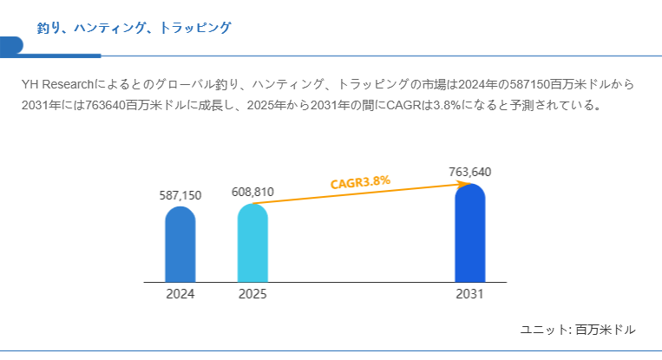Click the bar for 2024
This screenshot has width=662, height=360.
point(180,244)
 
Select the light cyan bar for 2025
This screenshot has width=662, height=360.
point(252,243)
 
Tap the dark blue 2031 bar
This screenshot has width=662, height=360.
point(470,232)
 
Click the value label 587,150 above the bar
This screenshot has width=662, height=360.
point(180,195)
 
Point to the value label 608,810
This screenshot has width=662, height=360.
point(252,192)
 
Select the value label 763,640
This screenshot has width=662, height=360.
point(470,172)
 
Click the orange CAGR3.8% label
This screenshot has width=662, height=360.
point(360,182)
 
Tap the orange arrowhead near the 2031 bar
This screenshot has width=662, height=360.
point(466,184)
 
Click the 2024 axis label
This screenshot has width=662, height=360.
point(180,294)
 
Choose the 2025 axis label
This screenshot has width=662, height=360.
point(252,294)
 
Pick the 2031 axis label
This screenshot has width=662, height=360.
point(470,294)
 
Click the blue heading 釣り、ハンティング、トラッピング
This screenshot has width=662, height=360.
point(134,28)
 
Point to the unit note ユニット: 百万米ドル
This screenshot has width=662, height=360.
point(578,330)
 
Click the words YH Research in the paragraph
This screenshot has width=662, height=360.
point(57,84)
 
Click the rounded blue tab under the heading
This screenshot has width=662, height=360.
point(11,46)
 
